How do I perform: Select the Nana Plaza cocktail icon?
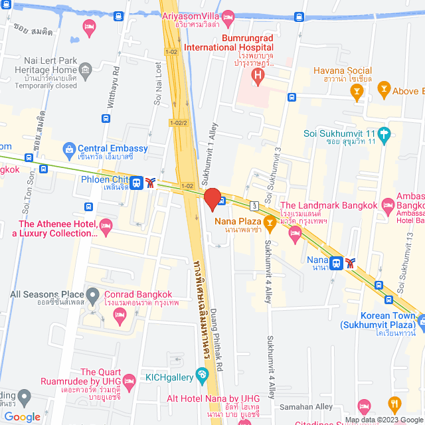[270, 222]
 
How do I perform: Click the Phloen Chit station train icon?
[136, 182]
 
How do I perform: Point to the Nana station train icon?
[337, 262]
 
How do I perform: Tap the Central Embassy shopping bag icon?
[68, 149]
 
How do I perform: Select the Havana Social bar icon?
[358, 95]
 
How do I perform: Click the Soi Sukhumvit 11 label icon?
[383, 134]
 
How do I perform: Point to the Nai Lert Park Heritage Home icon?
[85, 70]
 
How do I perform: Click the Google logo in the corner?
[22, 416]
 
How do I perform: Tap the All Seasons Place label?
[46, 294]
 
